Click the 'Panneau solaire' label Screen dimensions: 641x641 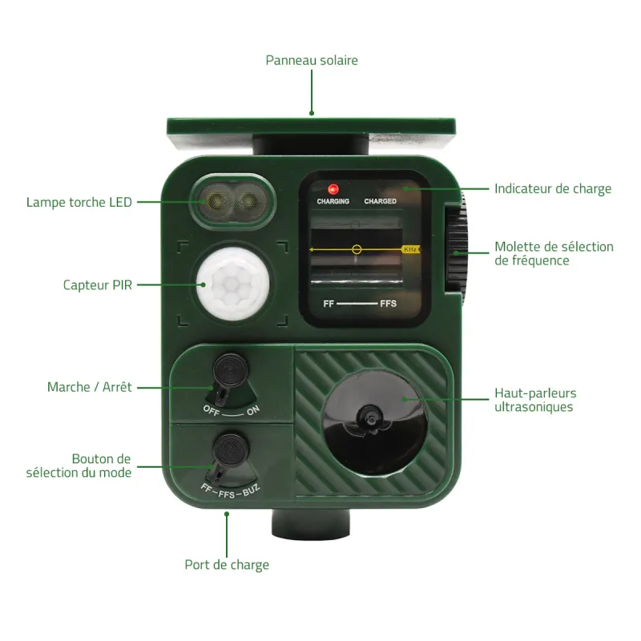point(312,60)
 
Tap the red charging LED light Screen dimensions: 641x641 point(333,189)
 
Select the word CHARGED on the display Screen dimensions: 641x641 point(380,201)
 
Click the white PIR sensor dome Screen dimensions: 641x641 point(233,283)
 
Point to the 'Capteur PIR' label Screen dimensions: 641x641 point(98,285)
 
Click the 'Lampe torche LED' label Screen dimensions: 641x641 point(79,202)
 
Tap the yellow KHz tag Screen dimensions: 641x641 point(410,249)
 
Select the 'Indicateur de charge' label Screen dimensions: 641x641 point(553,188)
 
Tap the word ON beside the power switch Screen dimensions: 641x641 point(253,410)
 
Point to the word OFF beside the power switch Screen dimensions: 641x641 point(212,410)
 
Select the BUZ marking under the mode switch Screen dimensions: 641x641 point(251,490)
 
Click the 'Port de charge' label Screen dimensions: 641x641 point(227,565)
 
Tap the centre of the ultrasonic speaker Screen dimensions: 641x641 point(371,418)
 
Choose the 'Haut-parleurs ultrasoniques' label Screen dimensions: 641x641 point(535,400)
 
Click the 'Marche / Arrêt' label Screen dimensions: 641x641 point(90,387)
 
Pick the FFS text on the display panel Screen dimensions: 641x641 point(388,304)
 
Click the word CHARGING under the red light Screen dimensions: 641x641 point(333,201)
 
